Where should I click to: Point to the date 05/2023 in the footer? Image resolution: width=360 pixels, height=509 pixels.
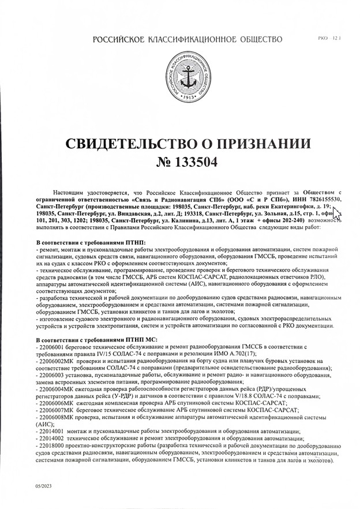pyautogui.click(x=43, y=488)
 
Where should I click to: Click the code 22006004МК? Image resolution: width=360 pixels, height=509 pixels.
pyautogui.click(x=57, y=389)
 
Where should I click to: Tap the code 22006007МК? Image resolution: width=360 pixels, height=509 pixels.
pyautogui.click(x=57, y=410)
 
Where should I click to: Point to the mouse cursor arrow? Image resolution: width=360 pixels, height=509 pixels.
pyautogui.click(x=337, y=215)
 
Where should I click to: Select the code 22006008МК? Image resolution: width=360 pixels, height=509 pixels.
pyautogui.click(x=57, y=417)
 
